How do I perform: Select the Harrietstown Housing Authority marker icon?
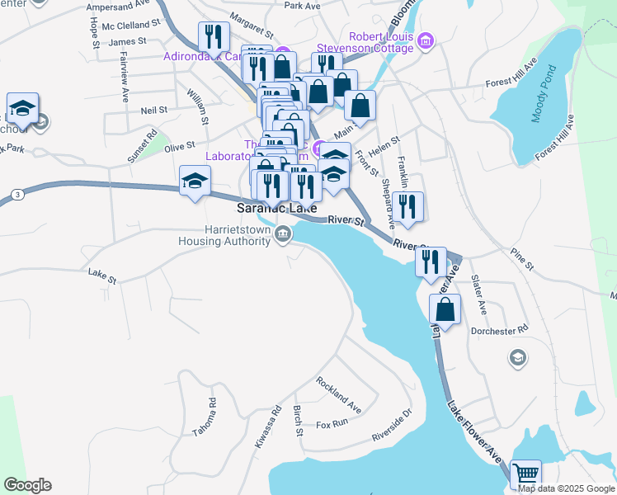point(283,235)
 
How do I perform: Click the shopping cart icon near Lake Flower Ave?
point(525,474)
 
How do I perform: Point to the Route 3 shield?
point(17,194)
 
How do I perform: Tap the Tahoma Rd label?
point(212,412)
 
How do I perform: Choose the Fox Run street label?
point(332,426)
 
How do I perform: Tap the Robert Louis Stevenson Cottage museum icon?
point(426,40)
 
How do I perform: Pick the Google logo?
point(27,485)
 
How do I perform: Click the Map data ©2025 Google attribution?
point(565,488)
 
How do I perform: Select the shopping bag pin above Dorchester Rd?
point(445,310)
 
